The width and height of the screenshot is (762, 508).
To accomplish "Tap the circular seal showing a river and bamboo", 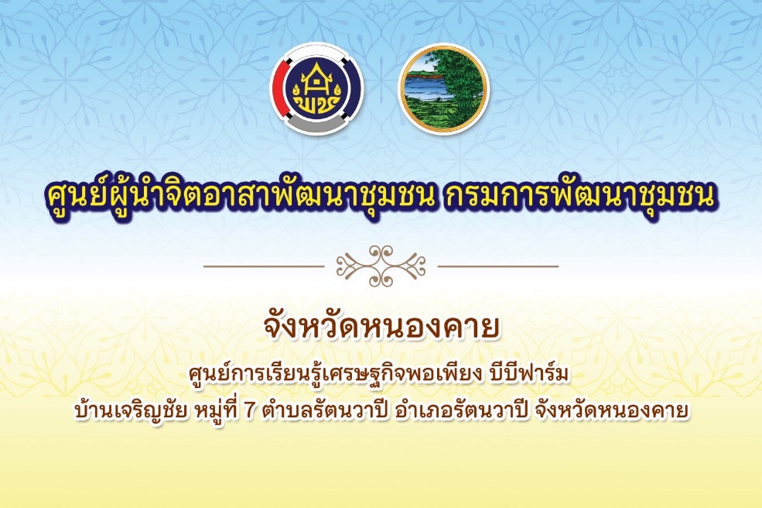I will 444,88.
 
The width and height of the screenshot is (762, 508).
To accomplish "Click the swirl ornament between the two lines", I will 381,266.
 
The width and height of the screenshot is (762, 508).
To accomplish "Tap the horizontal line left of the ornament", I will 263,266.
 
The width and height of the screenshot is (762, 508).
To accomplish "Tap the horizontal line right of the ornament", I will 498,266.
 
